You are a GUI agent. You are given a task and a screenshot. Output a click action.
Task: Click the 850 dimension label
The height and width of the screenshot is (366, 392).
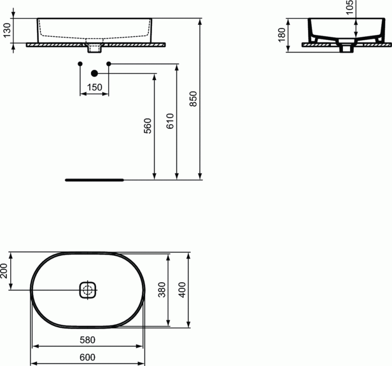pyautogui.click(x=193, y=99)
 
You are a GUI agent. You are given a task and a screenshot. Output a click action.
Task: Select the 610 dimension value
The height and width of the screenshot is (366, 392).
pyautogui.click(x=170, y=121)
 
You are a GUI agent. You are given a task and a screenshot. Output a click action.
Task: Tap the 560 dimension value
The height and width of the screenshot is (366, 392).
pyautogui.click(x=148, y=126)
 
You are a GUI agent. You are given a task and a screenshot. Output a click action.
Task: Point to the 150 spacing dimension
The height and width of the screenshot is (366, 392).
pyautogui.click(x=94, y=87)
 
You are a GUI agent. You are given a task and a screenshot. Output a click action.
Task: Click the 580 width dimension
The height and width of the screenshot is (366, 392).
pyautogui.click(x=87, y=339)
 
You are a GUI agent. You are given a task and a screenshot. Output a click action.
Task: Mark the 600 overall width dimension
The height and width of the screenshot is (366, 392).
pyautogui.click(x=87, y=357)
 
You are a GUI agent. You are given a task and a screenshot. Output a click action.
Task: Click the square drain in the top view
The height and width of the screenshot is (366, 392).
pyautogui.click(x=88, y=290)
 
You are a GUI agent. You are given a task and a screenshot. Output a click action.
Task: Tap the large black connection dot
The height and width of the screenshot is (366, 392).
pyautogui.click(x=95, y=73)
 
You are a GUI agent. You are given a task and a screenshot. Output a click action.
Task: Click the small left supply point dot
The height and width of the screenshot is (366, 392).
pyautogui.click(x=80, y=64)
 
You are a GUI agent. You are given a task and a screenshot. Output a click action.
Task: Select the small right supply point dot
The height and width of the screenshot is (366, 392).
pyautogui.click(x=109, y=64)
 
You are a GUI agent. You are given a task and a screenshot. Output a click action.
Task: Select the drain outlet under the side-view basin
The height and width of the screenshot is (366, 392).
pyautogui.click(x=347, y=47)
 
